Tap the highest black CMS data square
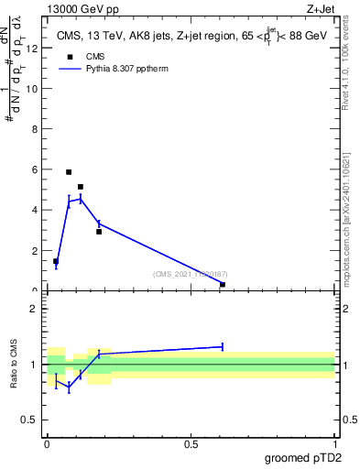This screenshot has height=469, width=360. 69,171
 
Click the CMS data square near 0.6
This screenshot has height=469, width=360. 223,284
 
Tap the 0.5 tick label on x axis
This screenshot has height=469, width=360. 191,444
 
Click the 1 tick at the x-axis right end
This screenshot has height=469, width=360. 335,444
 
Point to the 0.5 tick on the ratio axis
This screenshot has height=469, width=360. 34,420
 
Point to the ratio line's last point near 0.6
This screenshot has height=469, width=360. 223,346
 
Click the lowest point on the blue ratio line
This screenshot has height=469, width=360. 69,387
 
